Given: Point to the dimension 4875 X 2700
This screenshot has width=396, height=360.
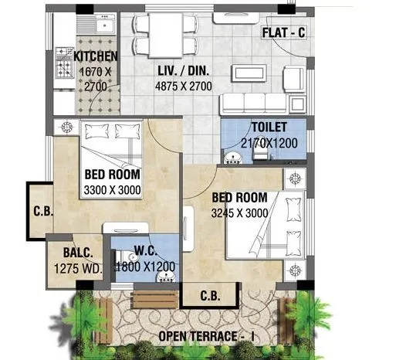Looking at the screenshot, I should pos(182,87).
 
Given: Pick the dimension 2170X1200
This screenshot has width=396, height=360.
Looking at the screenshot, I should pos(269,143).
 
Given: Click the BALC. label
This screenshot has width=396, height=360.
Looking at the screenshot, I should pos(67,253).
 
